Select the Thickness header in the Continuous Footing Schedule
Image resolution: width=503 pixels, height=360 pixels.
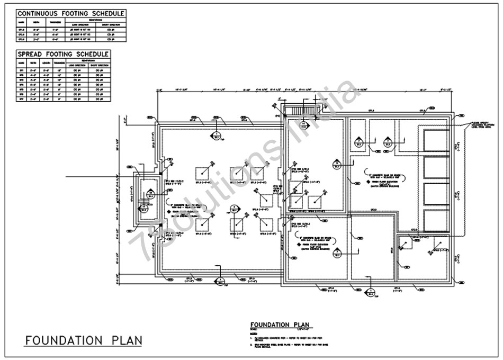[55, 23]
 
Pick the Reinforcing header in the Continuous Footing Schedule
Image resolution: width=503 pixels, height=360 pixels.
[95, 20]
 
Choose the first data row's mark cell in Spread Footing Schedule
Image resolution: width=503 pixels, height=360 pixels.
[22, 70]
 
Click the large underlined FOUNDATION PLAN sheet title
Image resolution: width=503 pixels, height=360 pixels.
[83, 340]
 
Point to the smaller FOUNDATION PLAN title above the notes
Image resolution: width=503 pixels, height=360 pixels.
[280, 325]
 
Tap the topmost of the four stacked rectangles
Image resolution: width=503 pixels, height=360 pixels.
[435, 140]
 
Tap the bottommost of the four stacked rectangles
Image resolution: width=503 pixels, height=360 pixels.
[435, 219]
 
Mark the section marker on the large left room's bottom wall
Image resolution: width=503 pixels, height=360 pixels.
[219, 282]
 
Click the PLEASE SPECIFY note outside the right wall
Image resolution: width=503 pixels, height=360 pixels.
[481, 126]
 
